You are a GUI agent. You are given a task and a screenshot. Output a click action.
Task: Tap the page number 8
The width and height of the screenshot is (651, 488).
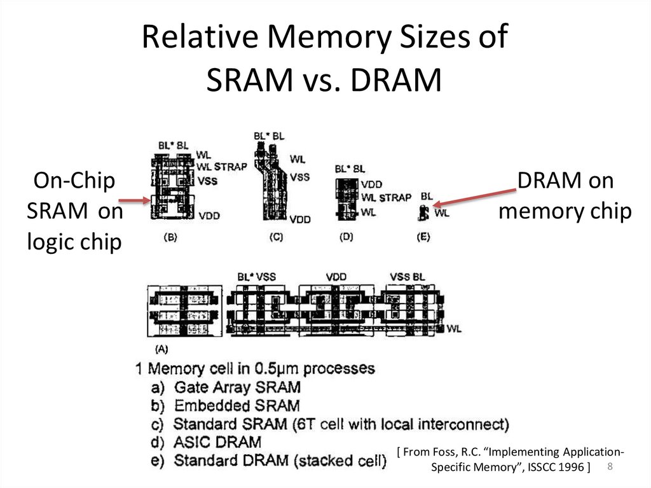tap(610, 468)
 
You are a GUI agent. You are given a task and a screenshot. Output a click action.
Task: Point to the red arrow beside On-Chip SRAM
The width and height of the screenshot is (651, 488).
tap(135, 201)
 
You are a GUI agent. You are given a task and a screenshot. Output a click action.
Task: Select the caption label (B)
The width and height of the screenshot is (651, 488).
tap(170, 237)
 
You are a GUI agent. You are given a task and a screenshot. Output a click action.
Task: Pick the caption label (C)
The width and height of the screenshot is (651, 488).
tap(275, 237)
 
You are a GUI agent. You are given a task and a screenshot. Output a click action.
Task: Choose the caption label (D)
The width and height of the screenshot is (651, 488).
tap(346, 237)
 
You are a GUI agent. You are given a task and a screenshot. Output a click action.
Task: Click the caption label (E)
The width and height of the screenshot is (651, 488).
tap(423, 237)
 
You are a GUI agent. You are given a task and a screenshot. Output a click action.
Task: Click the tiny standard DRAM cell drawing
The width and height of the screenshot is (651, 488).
tap(421, 212)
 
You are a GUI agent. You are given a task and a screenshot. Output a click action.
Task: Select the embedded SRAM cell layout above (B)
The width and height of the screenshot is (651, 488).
tap(173, 188)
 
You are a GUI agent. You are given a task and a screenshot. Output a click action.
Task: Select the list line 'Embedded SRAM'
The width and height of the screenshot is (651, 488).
tap(226, 405)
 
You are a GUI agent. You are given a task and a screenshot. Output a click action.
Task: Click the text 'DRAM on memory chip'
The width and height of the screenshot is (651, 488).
tap(565, 196)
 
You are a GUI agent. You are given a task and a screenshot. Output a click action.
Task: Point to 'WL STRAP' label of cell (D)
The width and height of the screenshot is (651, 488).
tap(386, 197)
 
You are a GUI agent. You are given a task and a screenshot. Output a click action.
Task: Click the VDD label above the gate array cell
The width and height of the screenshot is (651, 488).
tap(335, 277)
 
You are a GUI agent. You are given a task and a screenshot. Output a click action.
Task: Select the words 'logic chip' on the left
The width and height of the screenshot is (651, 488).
tap(74, 242)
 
